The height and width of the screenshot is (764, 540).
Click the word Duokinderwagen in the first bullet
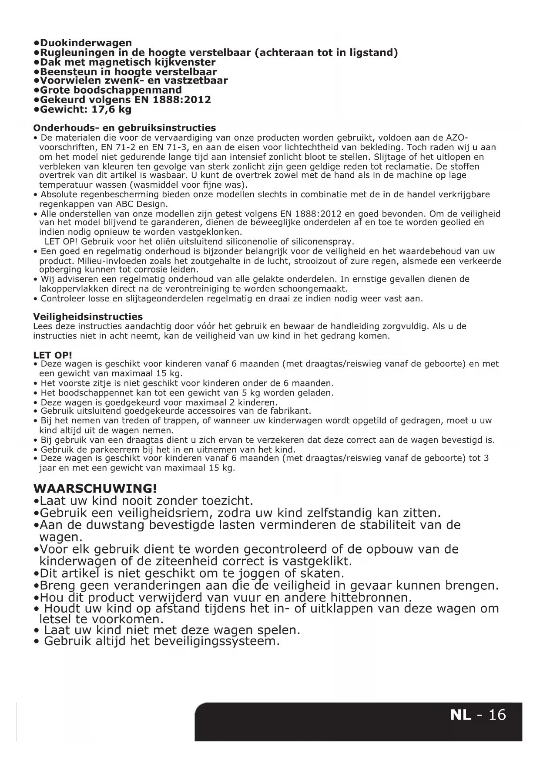coord(86,43)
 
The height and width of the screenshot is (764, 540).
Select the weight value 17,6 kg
coord(111,109)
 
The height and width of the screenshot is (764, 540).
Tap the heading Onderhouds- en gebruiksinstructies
coord(124,128)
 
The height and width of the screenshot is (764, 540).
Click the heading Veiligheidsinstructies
coord(88,317)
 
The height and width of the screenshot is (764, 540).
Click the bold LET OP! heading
coord(53,355)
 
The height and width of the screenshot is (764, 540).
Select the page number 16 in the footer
coord(497,715)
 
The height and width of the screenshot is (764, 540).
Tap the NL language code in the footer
coord(460,715)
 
